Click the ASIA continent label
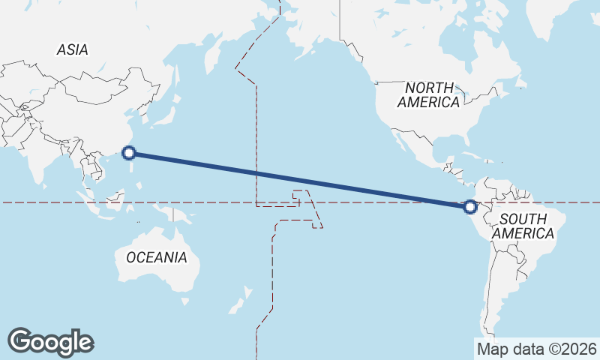click(x=73, y=50)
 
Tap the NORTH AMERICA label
click(x=429, y=94)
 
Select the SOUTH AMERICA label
click(x=527, y=226)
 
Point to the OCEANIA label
click(x=156, y=257)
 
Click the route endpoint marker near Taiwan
click(x=129, y=153)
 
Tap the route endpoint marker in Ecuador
click(x=470, y=206)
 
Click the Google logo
click(x=50, y=342)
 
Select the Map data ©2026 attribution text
click(x=536, y=349)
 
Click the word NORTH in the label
click(x=429, y=87)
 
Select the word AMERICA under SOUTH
click(x=527, y=233)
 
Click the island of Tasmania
click(x=185, y=303)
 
